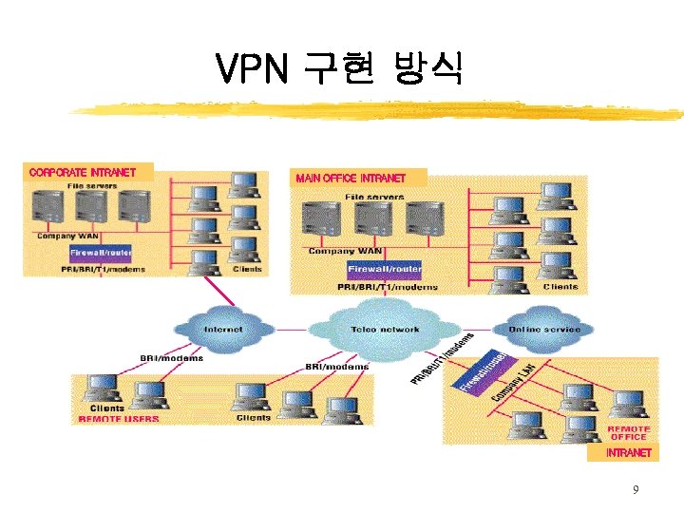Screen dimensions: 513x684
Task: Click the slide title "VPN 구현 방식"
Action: pos(339,69)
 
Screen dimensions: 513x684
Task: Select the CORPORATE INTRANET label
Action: pos(83,173)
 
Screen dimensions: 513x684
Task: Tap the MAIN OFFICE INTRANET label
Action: pos(351,178)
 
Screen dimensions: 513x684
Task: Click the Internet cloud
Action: pos(222,329)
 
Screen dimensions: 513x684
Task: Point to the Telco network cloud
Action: pos(385,329)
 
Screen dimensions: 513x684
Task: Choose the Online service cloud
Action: pos(544,329)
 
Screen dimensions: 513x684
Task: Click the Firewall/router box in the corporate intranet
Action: pos(100,254)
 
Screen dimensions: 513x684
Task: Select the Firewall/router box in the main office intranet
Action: pos(384,269)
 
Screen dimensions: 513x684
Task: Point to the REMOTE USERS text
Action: pos(118,418)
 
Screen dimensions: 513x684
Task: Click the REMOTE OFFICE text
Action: pos(628,432)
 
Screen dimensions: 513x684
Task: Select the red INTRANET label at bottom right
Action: pos(629,453)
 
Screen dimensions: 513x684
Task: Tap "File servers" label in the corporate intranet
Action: pos(91,186)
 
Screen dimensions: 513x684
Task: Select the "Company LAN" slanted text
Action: pos(514,380)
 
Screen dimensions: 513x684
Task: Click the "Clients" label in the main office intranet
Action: pos(560,286)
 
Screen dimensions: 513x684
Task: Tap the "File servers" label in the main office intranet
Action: pos(374,197)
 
